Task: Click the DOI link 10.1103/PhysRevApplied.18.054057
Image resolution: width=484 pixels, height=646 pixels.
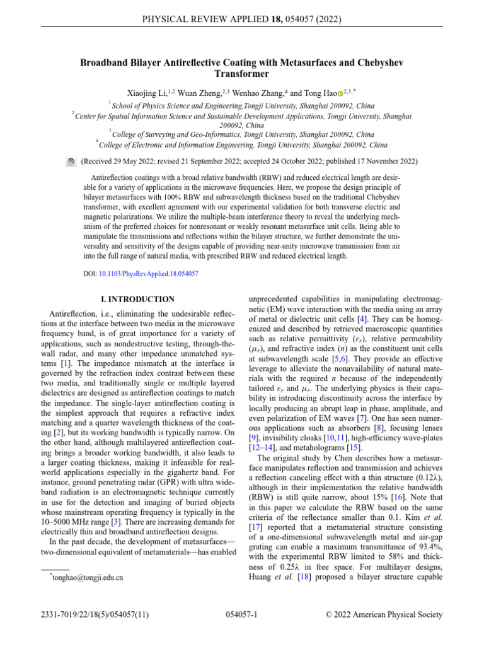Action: pos(149,274)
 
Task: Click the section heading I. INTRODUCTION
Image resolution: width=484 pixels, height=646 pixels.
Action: pos(132,299)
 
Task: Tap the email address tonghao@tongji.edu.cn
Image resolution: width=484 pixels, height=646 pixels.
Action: pos(88,577)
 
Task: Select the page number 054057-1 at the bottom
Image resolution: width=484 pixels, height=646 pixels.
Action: pos(241,614)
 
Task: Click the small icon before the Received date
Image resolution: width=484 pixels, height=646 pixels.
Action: pos(71,162)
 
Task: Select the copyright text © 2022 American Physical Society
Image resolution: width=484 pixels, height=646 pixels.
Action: pos(383,614)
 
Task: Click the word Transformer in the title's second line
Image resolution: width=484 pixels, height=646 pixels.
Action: pos(241,74)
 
